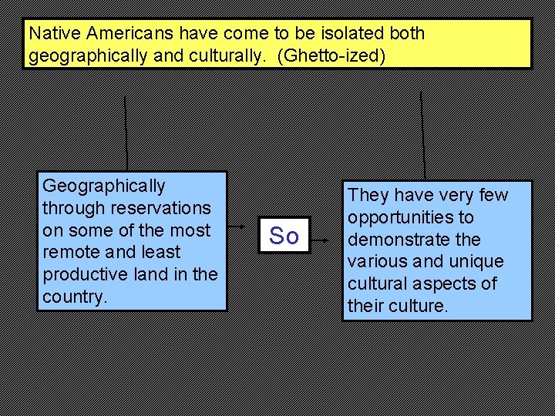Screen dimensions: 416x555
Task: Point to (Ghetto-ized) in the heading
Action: [x=336, y=56]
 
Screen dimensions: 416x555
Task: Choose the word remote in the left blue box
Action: [x=73, y=252]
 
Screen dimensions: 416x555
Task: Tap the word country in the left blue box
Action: [x=73, y=297]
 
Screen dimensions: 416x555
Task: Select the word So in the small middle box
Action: [x=284, y=236]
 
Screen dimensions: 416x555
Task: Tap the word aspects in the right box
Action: [x=457, y=283]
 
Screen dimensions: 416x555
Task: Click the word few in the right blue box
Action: [x=493, y=196]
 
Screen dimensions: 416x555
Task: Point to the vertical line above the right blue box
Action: [x=422, y=136]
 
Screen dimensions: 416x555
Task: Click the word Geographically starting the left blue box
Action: [x=103, y=186]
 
